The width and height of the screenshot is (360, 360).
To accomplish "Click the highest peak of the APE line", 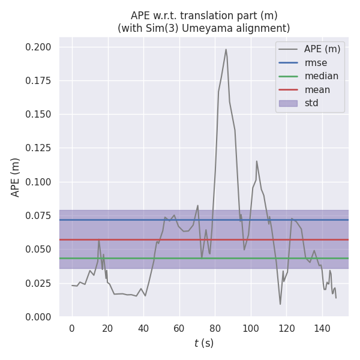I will [226, 49].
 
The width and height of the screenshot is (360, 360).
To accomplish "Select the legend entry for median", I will [321, 76].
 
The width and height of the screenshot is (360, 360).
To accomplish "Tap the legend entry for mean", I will [317, 90].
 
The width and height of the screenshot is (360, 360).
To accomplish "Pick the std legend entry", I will [311, 103].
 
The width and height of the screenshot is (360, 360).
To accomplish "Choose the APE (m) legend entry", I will [322, 49].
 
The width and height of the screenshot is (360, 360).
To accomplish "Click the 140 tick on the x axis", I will [323, 328].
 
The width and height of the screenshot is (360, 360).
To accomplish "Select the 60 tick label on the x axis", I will [179, 328].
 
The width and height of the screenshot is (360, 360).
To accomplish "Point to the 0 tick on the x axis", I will [72, 328].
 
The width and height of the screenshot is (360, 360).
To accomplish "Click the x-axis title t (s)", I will [204, 343].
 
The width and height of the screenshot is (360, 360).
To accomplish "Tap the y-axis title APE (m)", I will [16, 177].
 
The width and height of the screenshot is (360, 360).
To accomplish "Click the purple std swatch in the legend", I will [288, 103].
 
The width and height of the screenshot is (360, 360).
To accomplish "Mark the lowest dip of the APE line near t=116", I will [280, 304].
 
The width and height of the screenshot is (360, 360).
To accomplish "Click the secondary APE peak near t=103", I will [257, 161].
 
